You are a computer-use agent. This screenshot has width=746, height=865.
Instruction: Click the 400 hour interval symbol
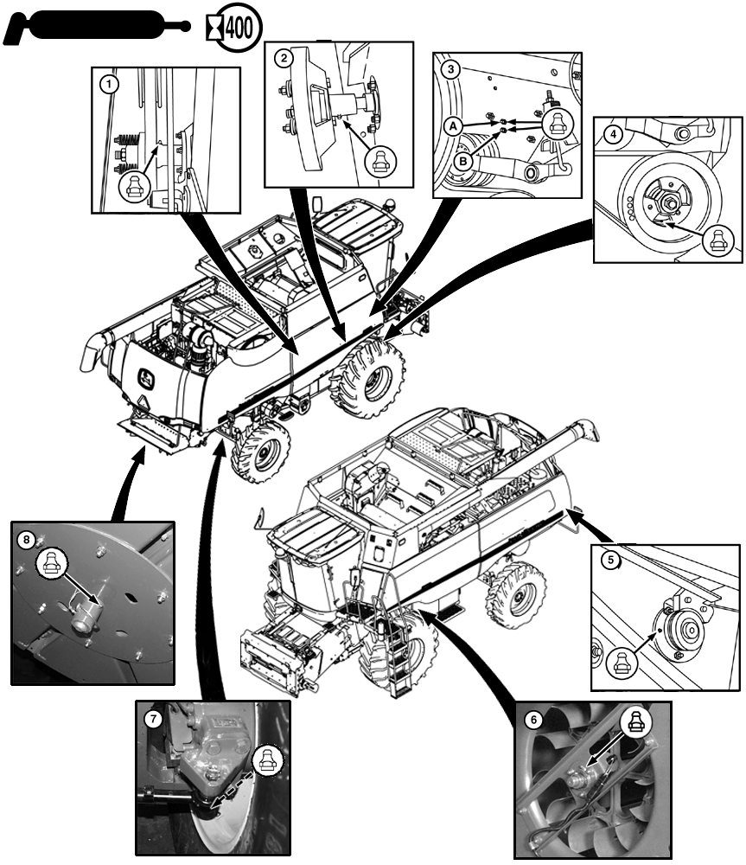233,28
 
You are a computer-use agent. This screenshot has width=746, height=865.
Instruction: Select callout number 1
109,85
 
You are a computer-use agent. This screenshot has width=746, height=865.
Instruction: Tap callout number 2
284,58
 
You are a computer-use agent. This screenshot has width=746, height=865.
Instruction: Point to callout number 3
451,69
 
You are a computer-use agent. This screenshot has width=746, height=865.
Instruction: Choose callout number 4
613,134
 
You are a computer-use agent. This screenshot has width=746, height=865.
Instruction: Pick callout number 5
610,560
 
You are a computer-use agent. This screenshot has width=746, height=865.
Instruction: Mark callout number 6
533,720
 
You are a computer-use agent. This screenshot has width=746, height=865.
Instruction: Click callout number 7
153,718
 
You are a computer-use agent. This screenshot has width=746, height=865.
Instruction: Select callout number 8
27,539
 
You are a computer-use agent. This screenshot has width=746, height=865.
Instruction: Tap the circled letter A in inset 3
453,126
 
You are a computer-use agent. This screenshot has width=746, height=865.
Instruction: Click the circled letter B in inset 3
463,162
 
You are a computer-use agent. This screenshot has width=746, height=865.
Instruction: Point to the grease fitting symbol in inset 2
380,162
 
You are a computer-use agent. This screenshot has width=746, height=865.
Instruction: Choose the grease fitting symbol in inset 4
717,241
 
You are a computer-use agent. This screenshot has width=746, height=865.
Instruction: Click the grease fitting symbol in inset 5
622,663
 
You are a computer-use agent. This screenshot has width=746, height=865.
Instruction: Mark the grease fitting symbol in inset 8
52,563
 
